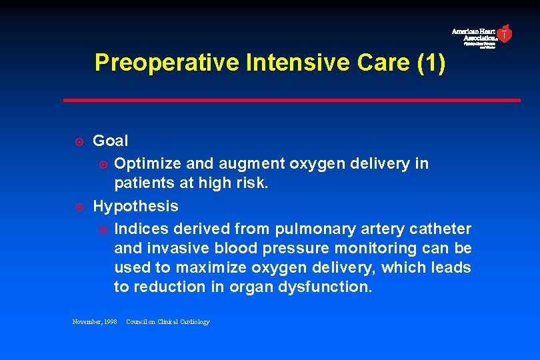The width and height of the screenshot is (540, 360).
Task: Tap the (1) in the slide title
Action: (430, 63)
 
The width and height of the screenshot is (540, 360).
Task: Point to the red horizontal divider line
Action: (291, 101)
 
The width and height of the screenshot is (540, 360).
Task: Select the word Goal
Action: (111, 141)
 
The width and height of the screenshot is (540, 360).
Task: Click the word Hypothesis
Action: (135, 207)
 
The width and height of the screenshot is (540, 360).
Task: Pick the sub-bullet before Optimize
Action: (102, 164)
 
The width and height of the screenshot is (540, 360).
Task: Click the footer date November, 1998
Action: (95, 322)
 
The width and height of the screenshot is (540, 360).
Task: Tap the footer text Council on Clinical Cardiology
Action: (168, 322)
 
